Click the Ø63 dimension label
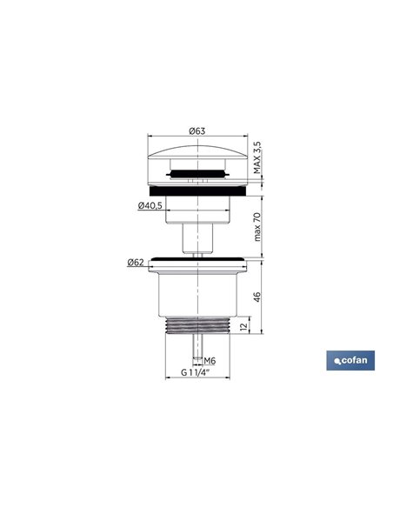(197, 130)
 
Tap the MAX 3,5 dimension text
(257, 157)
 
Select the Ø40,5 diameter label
(150, 205)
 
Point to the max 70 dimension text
(257, 227)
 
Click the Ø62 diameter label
(136, 262)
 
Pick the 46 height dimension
(257, 297)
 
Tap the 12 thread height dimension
(244, 326)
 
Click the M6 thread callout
(210, 361)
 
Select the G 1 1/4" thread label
(196, 372)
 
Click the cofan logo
(350, 360)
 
